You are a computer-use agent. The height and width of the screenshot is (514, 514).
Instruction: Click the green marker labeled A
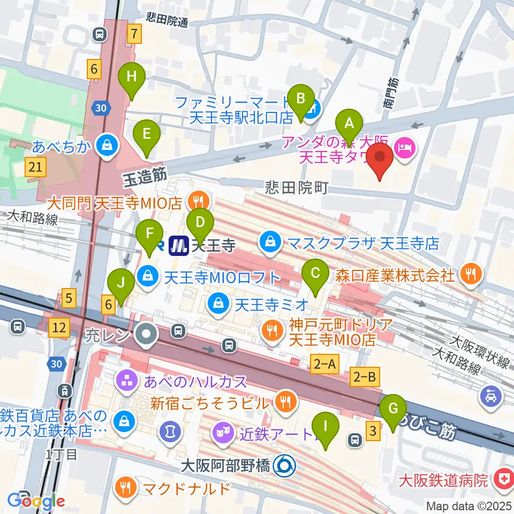[x=349, y=125]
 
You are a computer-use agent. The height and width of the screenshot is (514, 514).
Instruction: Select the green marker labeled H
[x=132, y=78]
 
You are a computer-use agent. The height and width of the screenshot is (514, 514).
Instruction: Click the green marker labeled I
[x=326, y=428]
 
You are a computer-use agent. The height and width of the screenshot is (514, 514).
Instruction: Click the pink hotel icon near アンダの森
[x=404, y=144]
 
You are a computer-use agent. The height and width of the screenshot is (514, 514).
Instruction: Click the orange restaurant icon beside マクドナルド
[x=126, y=487]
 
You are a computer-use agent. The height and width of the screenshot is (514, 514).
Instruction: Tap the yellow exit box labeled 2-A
[x=324, y=365]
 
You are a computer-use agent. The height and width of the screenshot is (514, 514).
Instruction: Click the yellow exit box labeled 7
[x=134, y=35]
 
